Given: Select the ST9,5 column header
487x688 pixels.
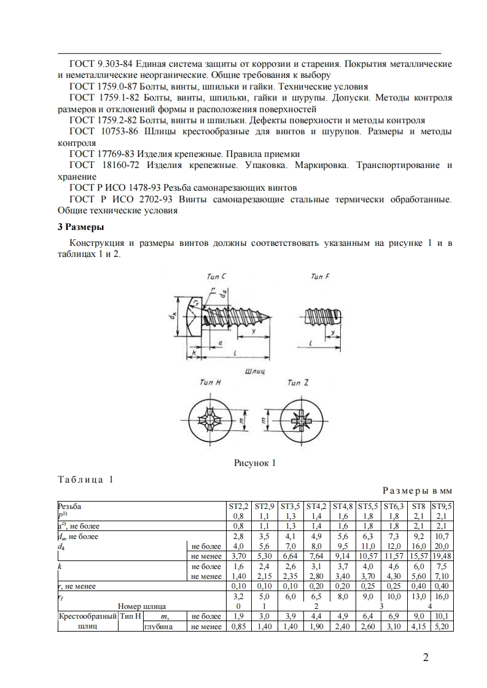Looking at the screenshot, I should tap(442, 506).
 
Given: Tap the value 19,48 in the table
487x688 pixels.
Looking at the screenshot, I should tap(442, 556).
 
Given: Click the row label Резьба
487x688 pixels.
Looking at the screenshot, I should tap(69, 506).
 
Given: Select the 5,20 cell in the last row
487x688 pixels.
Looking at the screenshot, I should tap(442, 627).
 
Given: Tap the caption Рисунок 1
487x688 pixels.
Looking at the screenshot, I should tap(255, 463).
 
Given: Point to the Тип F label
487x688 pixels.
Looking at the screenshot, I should tap(319, 277).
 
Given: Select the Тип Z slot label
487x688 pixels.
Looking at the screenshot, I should tap(298, 383).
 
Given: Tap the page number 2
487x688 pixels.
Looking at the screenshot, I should tap(425, 659).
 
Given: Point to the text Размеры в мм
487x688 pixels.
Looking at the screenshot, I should tap(418, 491).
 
